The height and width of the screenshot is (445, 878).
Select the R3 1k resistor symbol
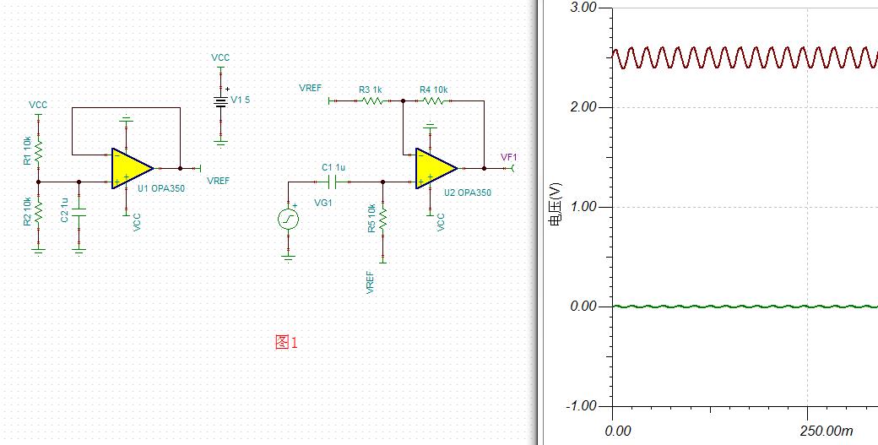[x=372, y=100]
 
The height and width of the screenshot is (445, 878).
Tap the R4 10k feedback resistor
[x=433, y=100]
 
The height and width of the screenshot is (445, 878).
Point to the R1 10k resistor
[x=39, y=150]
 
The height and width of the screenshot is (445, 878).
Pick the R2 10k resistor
[x=39, y=212]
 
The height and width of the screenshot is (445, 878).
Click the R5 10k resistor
[x=383, y=219]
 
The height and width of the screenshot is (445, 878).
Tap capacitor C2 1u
[x=79, y=212]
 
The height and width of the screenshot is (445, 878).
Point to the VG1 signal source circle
[x=289, y=219]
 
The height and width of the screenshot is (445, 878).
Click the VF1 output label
[x=509, y=157]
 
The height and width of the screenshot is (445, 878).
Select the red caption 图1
[x=286, y=342]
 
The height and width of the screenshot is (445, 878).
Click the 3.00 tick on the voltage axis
[x=583, y=8]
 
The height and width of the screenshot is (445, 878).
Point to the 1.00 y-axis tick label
[x=583, y=207]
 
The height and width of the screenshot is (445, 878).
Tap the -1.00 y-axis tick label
[x=580, y=406]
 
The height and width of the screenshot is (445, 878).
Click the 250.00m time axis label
[x=827, y=431]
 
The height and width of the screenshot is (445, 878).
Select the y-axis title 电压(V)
[x=555, y=204]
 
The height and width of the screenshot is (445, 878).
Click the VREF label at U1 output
[x=218, y=181]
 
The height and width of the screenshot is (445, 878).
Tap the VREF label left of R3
[x=310, y=89]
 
